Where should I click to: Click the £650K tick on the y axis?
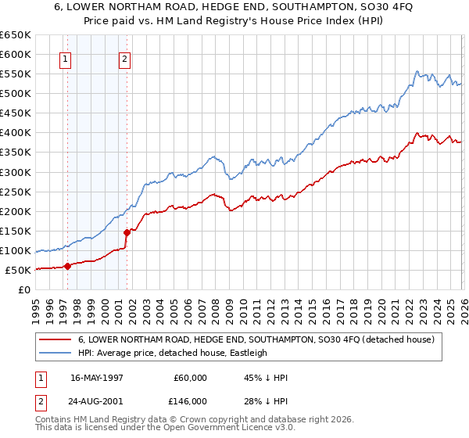point(16,35)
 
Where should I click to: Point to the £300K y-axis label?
point(16,172)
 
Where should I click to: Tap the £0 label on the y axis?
point(24,290)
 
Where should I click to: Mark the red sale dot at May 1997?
point(67,266)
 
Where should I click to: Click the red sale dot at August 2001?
point(127,232)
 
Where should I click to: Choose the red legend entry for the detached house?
point(261,339)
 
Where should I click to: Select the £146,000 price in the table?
point(190,400)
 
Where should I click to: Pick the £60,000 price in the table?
point(190,378)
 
